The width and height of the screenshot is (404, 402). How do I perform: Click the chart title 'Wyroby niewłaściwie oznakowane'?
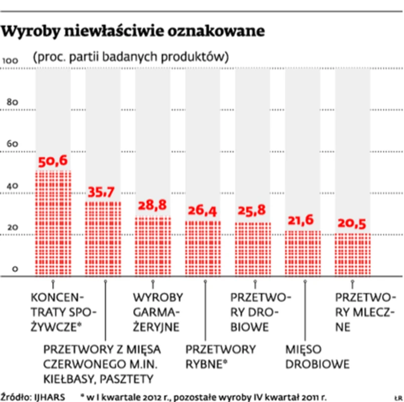133,32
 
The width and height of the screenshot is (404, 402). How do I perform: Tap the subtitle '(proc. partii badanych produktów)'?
131,56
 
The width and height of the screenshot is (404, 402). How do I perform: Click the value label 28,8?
153,206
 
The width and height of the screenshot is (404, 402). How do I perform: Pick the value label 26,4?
203,211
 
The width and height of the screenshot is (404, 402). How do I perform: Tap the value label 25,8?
252,211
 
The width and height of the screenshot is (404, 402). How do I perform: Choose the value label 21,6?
302,220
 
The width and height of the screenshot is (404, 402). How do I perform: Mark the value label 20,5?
352,222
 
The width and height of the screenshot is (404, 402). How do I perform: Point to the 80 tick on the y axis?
12,102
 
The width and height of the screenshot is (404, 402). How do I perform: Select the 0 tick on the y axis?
15,270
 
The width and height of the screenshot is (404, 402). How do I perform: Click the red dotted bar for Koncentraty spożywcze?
53,223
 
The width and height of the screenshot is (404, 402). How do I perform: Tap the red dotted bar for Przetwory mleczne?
352,254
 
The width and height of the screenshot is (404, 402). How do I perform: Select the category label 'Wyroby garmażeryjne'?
157,312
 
